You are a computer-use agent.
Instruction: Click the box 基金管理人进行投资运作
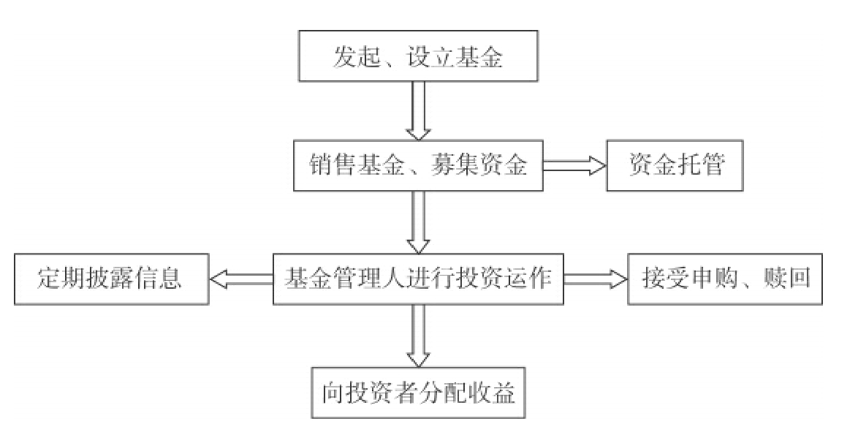pyautogui.click(x=418, y=279)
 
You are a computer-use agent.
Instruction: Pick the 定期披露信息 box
pyautogui.click(x=110, y=279)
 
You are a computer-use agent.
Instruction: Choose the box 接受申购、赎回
pyautogui.click(x=726, y=279)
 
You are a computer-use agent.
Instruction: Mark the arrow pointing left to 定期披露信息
pyautogui.click(x=240, y=279)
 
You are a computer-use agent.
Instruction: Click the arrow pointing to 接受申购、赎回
pyautogui.click(x=596, y=279)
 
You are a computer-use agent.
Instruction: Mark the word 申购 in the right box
pyautogui.click(x=715, y=279)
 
